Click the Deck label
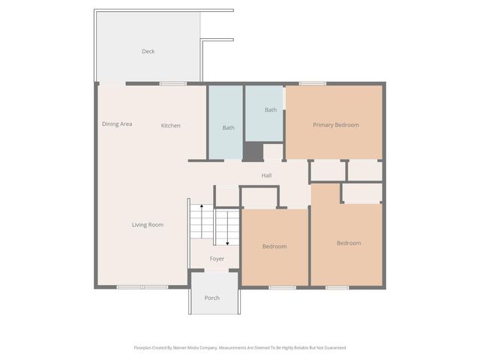148,52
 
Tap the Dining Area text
117,124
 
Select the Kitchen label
171,125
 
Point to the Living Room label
148,224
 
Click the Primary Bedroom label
335,124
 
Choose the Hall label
266,175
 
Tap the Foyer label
217,259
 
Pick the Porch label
212,298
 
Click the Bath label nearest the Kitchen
228,127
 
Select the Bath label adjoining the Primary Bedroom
271,110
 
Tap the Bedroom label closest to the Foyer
274,246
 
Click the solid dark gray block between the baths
253,151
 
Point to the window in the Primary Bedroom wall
312,83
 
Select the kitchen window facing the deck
172,83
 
